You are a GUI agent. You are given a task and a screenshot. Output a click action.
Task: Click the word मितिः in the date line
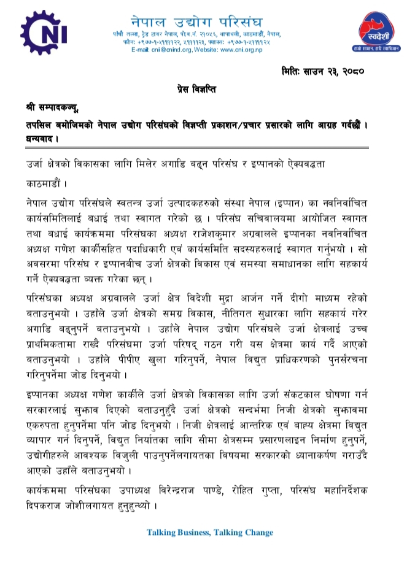[x=295, y=71]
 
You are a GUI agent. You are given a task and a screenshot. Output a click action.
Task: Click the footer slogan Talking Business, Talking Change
[x=209, y=532]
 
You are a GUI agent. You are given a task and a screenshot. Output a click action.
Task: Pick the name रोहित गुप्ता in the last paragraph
[x=282, y=491]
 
